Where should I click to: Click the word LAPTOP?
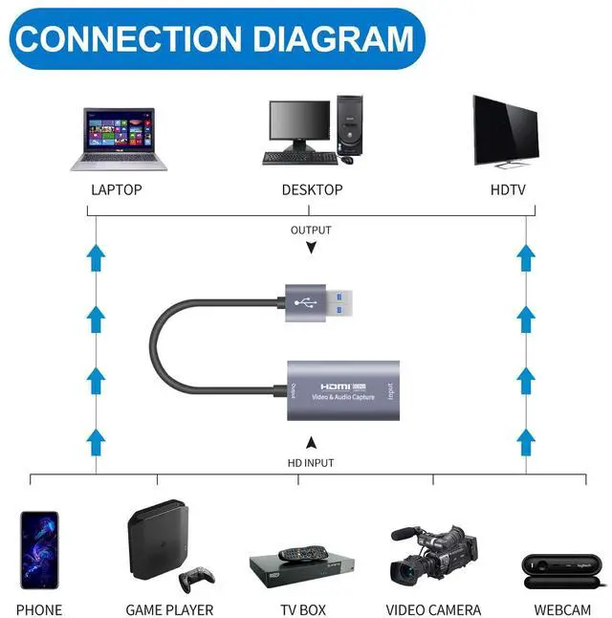point(117,189)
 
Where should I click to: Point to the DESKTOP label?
point(312,189)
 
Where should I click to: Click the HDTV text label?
point(508,189)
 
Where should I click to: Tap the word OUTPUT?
point(311,230)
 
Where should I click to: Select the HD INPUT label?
point(311,463)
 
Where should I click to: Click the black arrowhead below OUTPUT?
point(311,248)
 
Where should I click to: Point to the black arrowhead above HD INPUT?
point(311,443)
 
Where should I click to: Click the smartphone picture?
point(39,549)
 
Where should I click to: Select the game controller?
point(197,577)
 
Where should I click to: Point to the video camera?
point(433,555)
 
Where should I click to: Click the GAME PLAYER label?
point(169,609)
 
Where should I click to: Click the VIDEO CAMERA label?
point(433,609)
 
